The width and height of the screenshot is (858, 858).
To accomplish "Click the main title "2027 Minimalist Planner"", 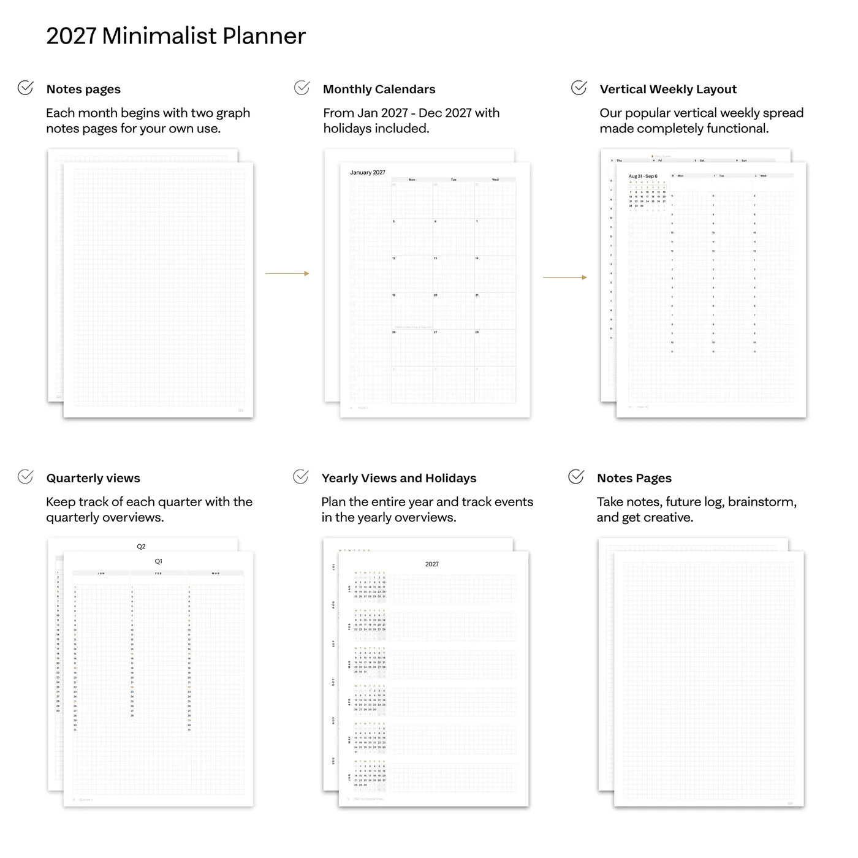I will click(176, 36).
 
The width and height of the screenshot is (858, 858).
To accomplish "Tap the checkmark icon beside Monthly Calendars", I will click(302, 88).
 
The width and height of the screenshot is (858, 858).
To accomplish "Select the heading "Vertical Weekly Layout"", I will click(668, 89).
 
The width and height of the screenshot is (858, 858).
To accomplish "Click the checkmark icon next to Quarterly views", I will click(25, 477).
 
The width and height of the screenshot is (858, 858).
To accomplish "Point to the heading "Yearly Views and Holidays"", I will click(399, 479).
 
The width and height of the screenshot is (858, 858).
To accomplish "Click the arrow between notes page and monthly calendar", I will click(287, 273).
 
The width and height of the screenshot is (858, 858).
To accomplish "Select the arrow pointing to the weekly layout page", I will click(564, 278).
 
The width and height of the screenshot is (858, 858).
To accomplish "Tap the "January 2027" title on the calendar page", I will click(368, 173).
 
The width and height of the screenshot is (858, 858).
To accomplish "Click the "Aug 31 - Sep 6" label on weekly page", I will click(643, 177).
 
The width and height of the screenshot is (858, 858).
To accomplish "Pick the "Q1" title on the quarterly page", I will click(159, 561).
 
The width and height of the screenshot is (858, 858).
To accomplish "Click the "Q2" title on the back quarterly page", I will click(141, 547).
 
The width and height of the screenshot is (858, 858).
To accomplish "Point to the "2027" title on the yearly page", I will click(432, 564).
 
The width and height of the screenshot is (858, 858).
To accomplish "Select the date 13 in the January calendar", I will click(436, 259).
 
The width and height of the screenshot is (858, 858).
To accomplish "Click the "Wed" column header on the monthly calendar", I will click(495, 180).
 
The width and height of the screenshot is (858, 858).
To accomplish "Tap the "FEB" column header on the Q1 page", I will click(158, 574).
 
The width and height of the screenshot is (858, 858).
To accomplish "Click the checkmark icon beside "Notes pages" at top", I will click(26, 88).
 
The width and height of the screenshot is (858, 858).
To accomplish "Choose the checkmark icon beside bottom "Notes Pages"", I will click(576, 477).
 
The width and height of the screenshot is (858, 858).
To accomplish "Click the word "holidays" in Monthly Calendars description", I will click(351, 129).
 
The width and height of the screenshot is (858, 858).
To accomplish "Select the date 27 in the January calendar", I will click(436, 332).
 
